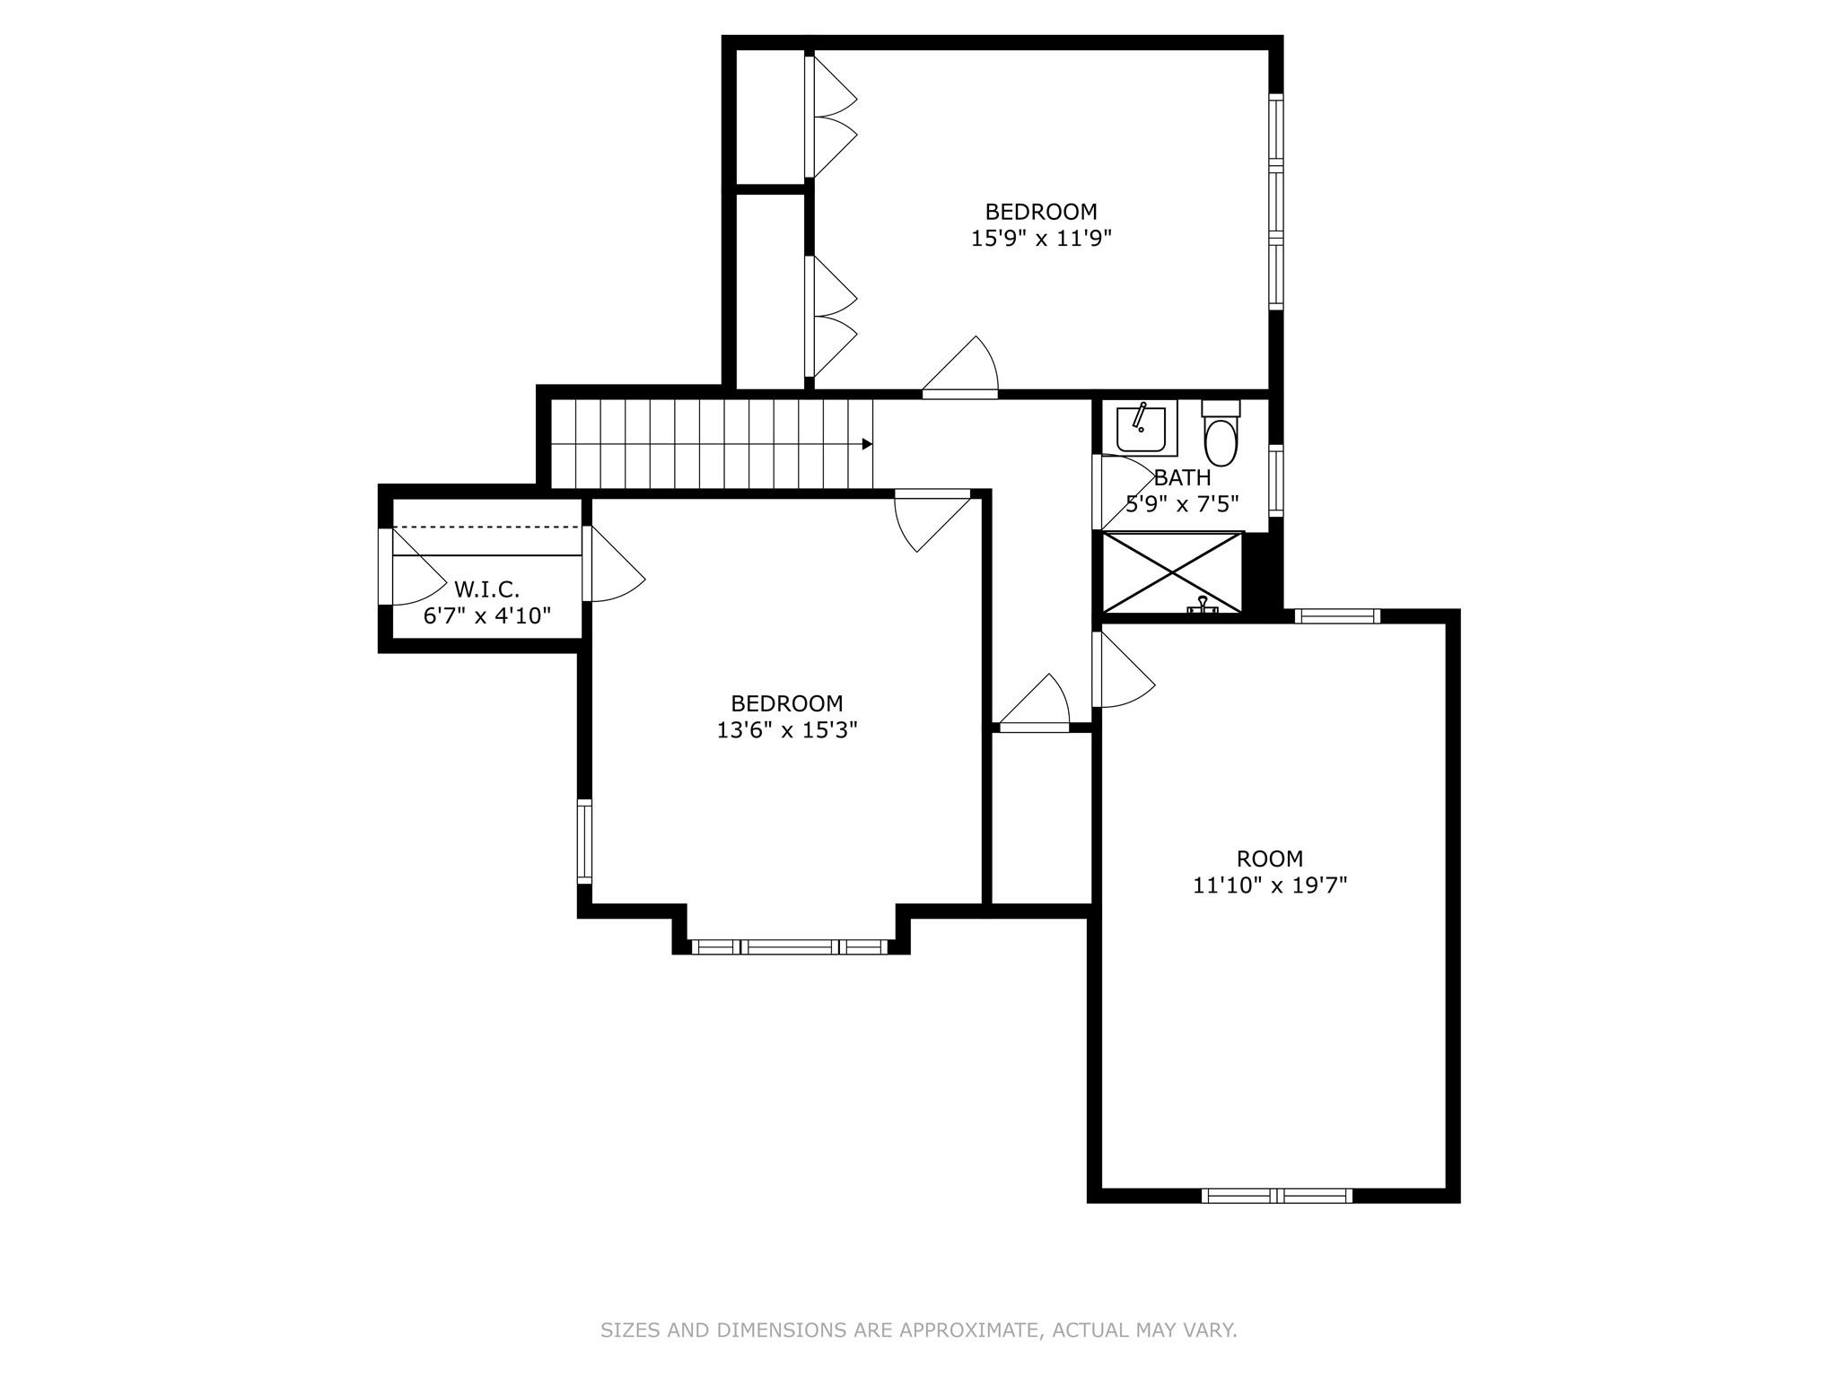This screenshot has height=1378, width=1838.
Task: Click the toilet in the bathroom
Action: click(1221, 435)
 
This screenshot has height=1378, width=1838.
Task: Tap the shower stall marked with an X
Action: click(1172, 572)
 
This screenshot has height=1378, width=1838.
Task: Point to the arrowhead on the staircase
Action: click(867, 444)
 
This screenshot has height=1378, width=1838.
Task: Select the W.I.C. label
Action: click(486, 589)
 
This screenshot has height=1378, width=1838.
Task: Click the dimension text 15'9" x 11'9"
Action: click(1041, 239)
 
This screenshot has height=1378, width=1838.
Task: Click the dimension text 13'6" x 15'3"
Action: click(786, 730)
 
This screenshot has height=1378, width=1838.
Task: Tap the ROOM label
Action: click(1269, 859)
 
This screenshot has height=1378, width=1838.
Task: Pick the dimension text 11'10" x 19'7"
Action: click(1269, 885)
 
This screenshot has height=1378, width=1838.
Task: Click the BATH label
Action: click(1182, 478)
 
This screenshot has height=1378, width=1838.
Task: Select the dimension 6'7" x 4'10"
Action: click(486, 615)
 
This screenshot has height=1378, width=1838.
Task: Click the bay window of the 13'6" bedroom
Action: click(789, 946)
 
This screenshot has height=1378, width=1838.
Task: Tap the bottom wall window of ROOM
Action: click(1276, 1195)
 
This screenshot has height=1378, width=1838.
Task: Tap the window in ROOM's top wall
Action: click(1336, 615)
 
